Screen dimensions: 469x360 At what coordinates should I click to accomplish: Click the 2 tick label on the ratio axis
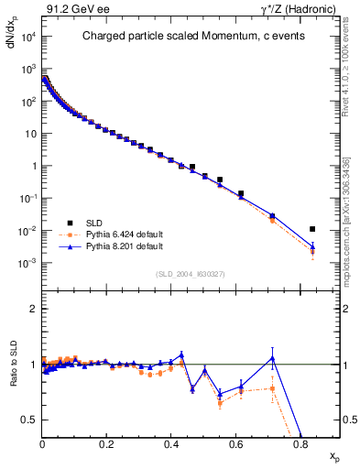[x=34, y=309]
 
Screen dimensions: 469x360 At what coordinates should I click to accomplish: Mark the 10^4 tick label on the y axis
[x=29, y=37]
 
